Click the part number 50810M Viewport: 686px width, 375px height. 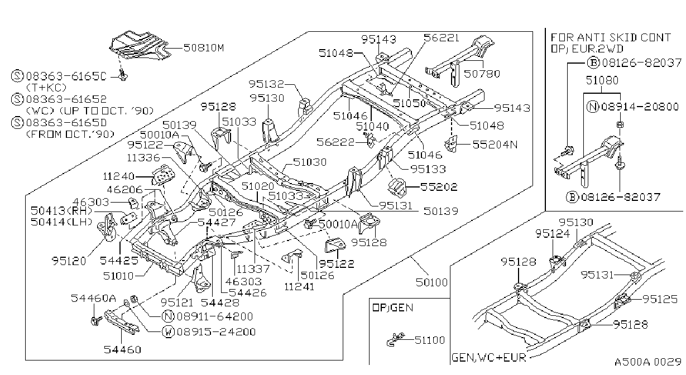point(204,48)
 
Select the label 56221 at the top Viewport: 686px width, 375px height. point(442,37)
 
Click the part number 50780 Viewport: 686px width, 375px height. point(482,74)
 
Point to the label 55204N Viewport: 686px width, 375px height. point(495,145)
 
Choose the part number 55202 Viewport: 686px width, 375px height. point(439,187)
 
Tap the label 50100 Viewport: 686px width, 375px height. point(431,282)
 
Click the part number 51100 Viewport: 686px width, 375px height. point(430,340)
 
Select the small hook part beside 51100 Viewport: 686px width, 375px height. point(395,339)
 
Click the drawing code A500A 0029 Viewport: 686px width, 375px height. point(648,362)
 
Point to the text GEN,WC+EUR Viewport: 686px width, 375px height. point(488,358)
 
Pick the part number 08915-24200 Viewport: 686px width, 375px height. point(216,332)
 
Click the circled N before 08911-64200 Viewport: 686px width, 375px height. point(168,316)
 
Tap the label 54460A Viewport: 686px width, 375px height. point(93,298)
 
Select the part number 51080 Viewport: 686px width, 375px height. point(602,80)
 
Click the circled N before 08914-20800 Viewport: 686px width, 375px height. point(593,107)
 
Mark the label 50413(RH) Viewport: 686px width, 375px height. point(61,211)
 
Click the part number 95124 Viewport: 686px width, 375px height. point(553,234)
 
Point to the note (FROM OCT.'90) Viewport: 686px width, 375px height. point(70,134)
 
